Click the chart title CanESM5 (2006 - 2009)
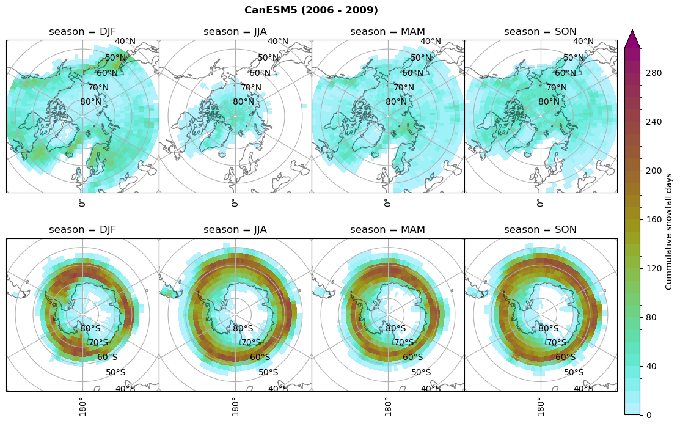point(311,10)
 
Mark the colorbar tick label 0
point(649,415)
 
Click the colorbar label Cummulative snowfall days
point(669,232)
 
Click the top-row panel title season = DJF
point(82,32)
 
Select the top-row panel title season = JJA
point(235,32)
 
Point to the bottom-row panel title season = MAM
point(387,230)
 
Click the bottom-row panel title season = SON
point(540,230)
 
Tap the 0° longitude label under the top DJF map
point(81,203)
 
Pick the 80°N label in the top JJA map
point(243,102)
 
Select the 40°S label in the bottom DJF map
point(125,389)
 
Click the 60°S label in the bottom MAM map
point(412,358)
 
